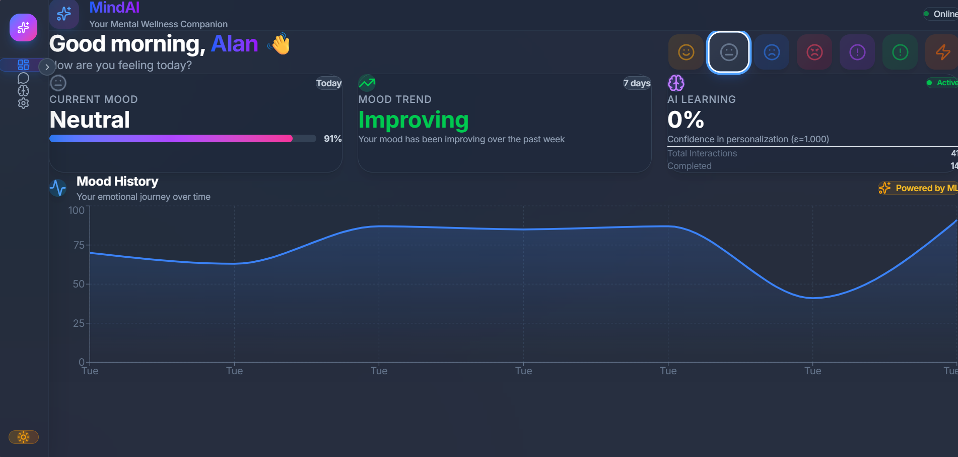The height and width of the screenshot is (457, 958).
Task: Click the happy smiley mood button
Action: (x=686, y=52)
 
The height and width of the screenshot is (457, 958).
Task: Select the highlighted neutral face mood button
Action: (x=729, y=52)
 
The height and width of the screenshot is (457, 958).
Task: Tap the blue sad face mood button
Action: (x=772, y=52)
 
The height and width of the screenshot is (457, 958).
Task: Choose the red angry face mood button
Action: (x=814, y=52)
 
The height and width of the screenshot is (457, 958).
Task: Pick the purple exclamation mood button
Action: (x=857, y=52)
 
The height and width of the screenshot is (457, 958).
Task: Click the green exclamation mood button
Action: (x=900, y=52)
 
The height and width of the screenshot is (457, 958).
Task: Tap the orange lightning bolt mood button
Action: (x=942, y=52)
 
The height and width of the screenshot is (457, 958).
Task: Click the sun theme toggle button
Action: (x=23, y=437)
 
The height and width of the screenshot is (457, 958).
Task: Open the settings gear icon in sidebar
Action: (x=23, y=103)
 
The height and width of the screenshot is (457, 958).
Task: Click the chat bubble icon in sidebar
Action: (x=23, y=78)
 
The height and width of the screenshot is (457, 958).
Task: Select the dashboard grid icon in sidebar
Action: (x=23, y=65)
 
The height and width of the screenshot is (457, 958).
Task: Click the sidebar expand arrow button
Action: (x=47, y=67)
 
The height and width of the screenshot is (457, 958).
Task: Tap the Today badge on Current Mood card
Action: (x=328, y=83)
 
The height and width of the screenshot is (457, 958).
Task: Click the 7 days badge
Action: (x=637, y=83)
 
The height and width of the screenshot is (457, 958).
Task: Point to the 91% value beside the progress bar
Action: (x=332, y=139)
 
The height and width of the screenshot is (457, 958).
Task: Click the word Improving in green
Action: (x=414, y=120)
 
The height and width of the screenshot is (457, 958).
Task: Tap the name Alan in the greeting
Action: (x=234, y=44)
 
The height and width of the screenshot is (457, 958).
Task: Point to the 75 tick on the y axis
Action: (x=79, y=245)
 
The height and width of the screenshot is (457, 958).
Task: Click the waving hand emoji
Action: (x=280, y=44)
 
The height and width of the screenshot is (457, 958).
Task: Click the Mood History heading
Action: (x=117, y=182)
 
